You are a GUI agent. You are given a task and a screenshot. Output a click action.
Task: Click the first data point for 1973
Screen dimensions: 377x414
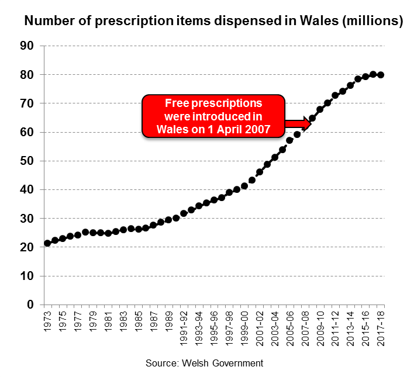pos(47,243)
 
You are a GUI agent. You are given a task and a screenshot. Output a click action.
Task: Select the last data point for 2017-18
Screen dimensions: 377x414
pos(381,75)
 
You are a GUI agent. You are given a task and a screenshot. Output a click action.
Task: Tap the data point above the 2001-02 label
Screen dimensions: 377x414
pos(260,172)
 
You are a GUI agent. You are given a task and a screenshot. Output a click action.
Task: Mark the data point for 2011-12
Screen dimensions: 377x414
pos(335,95)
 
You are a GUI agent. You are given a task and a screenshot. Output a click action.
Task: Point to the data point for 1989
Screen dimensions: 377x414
pos(168,220)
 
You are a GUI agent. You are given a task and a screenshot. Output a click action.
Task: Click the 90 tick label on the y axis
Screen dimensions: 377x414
pos(27,46)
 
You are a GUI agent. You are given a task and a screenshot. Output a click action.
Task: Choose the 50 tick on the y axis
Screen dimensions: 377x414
pos(27,161)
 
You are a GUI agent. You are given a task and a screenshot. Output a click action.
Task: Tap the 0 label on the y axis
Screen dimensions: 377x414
pos(32,305)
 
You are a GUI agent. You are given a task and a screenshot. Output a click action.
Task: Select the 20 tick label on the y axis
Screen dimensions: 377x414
pos(27,247)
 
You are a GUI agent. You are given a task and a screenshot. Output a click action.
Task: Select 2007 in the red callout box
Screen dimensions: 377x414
pos(258,129)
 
